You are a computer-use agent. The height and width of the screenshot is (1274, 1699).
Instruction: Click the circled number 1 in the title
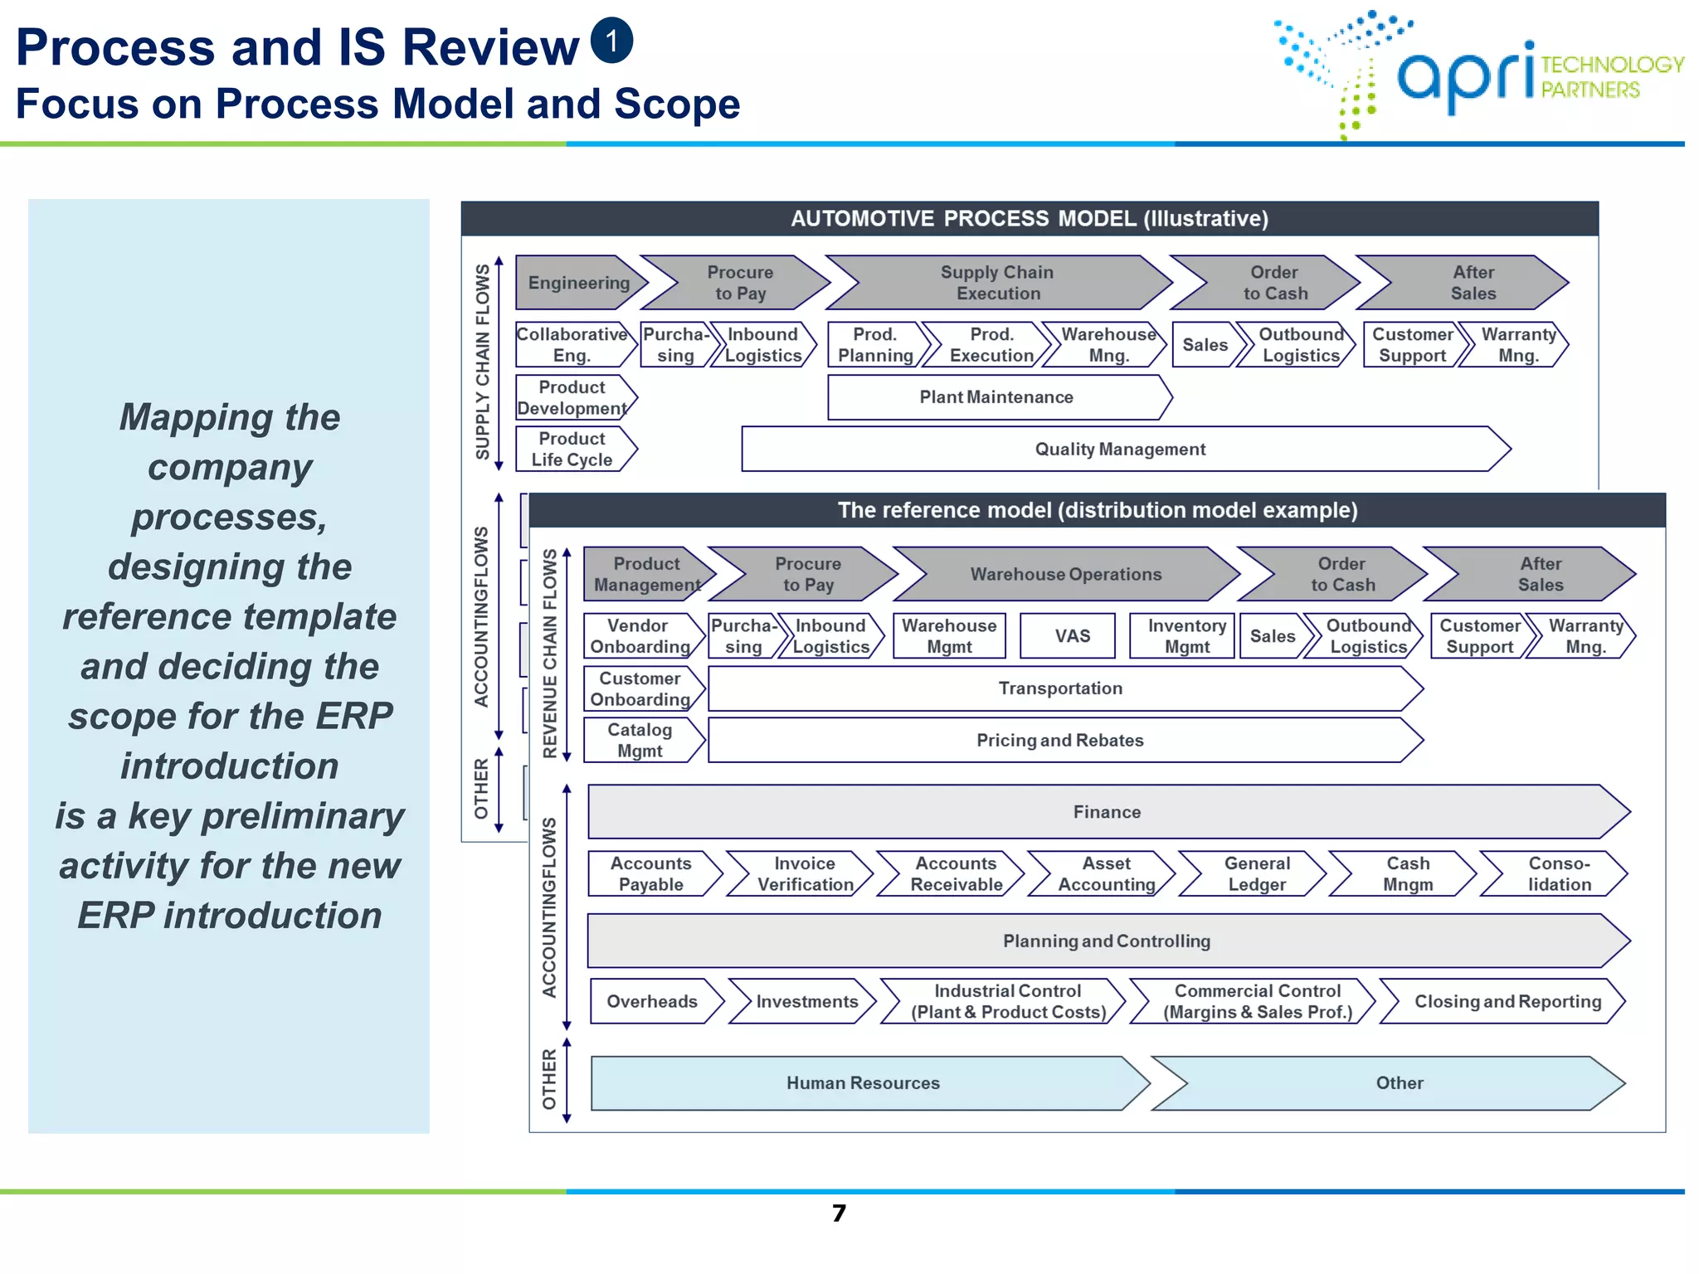[611, 41]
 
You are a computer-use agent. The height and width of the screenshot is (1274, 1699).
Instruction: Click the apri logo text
[1466, 75]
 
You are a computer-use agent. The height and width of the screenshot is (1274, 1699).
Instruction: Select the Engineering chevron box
[579, 283]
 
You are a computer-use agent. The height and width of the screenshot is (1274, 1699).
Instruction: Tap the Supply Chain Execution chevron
[998, 283]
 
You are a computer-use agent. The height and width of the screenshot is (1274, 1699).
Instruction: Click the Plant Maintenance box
[996, 397]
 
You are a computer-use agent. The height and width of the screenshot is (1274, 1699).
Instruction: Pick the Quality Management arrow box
[1120, 449]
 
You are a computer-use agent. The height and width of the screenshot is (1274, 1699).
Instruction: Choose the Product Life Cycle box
[572, 449]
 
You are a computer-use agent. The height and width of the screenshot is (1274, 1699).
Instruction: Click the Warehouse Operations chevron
[1066, 574]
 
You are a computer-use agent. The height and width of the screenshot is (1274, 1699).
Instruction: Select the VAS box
[1072, 636]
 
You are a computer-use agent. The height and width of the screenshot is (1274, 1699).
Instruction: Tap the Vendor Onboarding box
[639, 636]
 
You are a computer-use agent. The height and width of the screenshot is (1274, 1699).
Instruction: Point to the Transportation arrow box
[1060, 688]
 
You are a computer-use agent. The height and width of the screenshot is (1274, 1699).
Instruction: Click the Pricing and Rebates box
[1060, 740]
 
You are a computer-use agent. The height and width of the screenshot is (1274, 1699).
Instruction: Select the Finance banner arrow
[1107, 812]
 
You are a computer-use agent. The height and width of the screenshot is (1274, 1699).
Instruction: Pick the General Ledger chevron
[1256, 873]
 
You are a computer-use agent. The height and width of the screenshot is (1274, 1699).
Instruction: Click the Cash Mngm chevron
[1407, 873]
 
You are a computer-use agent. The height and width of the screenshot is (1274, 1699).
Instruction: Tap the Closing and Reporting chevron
[1507, 1001]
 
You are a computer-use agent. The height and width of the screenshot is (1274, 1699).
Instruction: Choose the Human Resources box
[863, 1082]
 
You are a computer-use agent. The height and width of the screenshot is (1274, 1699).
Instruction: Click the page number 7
[839, 1213]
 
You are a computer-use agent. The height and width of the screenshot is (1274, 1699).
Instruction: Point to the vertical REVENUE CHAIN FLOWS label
[549, 654]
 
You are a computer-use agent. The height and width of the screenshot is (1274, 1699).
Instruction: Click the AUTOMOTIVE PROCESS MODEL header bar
[1029, 218]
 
